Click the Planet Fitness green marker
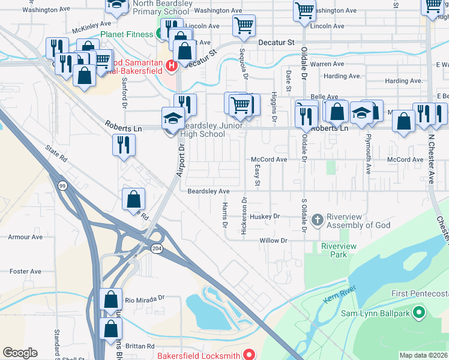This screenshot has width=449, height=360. [161, 34]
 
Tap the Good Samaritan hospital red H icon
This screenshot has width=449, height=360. [171, 65]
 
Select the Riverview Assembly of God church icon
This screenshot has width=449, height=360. [317, 220]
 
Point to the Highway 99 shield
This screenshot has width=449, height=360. [62, 187]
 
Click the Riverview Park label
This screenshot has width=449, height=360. [339, 250]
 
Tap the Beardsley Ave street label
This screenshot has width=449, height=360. [208, 191]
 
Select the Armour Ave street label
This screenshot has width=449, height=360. [25, 237]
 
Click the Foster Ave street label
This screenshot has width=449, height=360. [25, 271]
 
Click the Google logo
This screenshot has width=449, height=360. [20, 353]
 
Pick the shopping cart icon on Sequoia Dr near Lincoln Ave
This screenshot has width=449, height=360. [244, 25]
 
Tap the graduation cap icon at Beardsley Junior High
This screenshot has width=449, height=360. [172, 118]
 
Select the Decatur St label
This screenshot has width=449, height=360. [276, 43]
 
